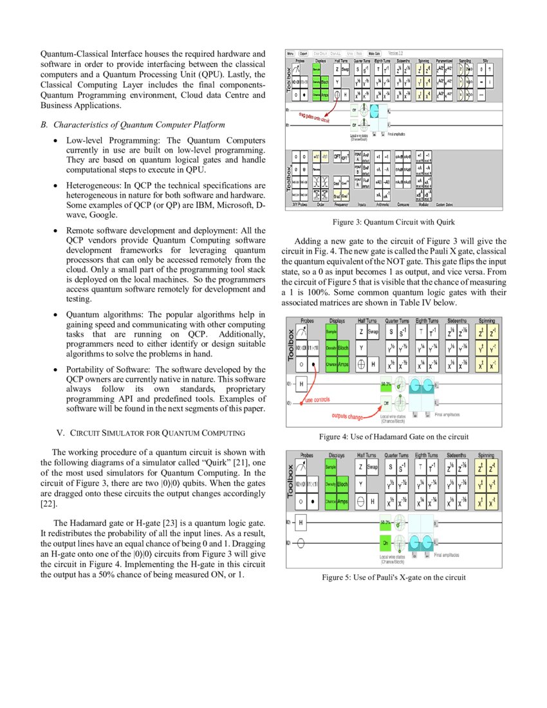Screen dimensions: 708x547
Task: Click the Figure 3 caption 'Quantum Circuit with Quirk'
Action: (x=394, y=222)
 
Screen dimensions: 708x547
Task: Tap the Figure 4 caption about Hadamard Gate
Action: (x=394, y=436)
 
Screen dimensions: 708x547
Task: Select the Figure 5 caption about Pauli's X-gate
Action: (x=394, y=577)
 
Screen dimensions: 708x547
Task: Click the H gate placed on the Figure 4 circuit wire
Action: (x=300, y=384)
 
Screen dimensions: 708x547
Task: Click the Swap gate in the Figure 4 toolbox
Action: (x=373, y=331)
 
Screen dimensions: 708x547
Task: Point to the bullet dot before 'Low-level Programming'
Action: (x=58, y=140)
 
